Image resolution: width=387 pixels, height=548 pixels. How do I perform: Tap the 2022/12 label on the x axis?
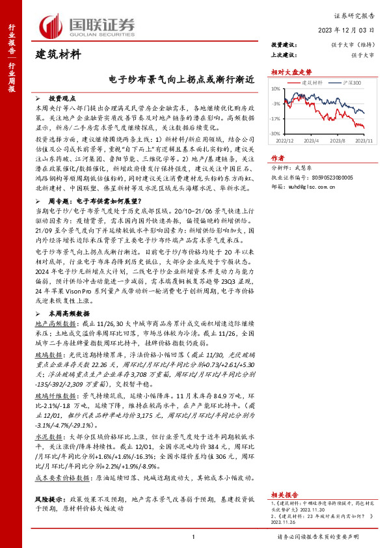point(285,139)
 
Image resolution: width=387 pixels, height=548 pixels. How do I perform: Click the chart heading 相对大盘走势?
point(287,73)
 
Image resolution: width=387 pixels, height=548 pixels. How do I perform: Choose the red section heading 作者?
point(278,158)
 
